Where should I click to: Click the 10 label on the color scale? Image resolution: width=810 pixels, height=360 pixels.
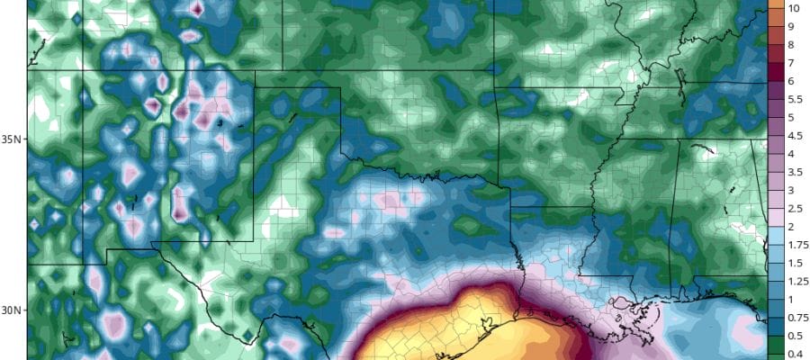795,8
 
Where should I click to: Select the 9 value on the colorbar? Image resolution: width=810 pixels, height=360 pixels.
791,26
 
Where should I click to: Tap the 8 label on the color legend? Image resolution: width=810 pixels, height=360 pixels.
791,45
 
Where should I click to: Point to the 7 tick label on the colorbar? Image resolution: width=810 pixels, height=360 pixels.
791,63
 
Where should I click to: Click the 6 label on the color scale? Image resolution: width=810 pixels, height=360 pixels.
791,81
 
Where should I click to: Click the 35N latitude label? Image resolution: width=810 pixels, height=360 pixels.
13,139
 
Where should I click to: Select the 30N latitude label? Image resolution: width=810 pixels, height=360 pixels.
13,310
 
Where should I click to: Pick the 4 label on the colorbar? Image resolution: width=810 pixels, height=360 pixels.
791,154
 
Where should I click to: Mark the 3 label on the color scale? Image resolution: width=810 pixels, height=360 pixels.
791,190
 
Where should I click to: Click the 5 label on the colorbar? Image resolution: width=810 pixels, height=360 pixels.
791,118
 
